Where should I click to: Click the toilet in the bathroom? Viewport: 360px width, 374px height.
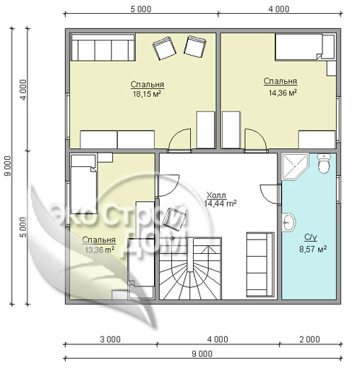(324, 163)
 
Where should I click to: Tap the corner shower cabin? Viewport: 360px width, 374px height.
(294, 166)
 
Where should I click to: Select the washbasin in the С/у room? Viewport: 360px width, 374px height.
(288, 222)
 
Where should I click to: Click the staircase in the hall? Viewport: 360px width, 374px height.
(190, 268)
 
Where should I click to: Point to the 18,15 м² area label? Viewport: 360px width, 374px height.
(147, 94)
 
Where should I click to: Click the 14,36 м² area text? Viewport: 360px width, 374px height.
(283, 93)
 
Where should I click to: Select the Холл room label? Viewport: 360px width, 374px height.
(216, 195)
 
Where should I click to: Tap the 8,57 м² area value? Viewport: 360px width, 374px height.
(313, 249)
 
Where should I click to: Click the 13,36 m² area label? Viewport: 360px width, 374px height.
(99, 250)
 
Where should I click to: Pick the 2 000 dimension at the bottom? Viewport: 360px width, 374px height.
(309, 339)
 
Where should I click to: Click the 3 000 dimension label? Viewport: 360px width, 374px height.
(110, 339)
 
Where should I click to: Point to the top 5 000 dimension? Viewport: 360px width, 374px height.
(141, 9)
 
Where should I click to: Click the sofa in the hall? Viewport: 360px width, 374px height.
(260, 265)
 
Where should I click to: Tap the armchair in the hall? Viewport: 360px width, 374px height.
(174, 219)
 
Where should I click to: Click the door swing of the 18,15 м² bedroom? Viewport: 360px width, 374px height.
(180, 140)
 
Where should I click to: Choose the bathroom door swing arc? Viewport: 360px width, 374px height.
(270, 195)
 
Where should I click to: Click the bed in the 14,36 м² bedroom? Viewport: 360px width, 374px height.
(299, 47)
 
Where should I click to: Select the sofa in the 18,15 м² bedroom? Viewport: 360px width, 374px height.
(103, 48)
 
